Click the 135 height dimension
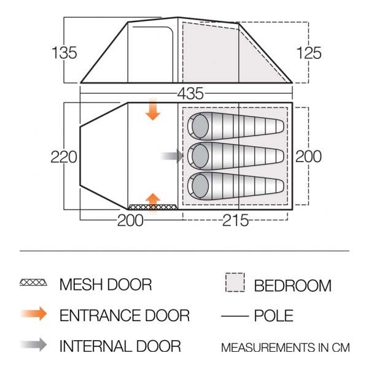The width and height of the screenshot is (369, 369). pyautogui.click(x=64, y=52)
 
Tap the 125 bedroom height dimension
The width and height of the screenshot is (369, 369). pyautogui.click(x=309, y=53)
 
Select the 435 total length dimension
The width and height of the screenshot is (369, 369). pyautogui.click(x=190, y=93)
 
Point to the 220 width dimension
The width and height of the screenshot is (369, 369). pyautogui.click(x=64, y=157)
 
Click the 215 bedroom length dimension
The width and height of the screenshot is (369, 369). pyautogui.click(x=235, y=220)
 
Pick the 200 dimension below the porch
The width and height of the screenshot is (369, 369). pyautogui.click(x=130, y=220)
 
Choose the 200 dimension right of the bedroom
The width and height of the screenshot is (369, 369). pyautogui.click(x=308, y=157)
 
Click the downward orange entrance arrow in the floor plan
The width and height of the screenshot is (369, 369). pyautogui.click(x=153, y=110)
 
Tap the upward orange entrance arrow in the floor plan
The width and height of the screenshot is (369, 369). pyautogui.click(x=153, y=203)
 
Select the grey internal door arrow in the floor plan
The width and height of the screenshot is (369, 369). pyautogui.click(x=172, y=156)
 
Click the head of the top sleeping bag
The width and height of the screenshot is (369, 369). pyautogui.click(x=200, y=126)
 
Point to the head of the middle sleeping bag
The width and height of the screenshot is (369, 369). pyautogui.click(x=200, y=156)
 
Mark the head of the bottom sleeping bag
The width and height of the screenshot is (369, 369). pyautogui.click(x=200, y=186)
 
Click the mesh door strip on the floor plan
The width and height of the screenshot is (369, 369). pyautogui.click(x=152, y=207)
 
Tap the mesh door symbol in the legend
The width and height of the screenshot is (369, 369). pyautogui.click(x=33, y=282)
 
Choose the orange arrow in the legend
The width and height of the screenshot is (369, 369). pyautogui.click(x=34, y=314)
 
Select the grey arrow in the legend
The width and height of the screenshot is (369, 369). pyautogui.click(x=34, y=345)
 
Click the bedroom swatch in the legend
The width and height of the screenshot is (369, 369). pyautogui.click(x=235, y=282)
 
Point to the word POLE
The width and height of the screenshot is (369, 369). pyautogui.click(x=274, y=316)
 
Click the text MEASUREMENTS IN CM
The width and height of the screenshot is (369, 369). pyautogui.click(x=285, y=348)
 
